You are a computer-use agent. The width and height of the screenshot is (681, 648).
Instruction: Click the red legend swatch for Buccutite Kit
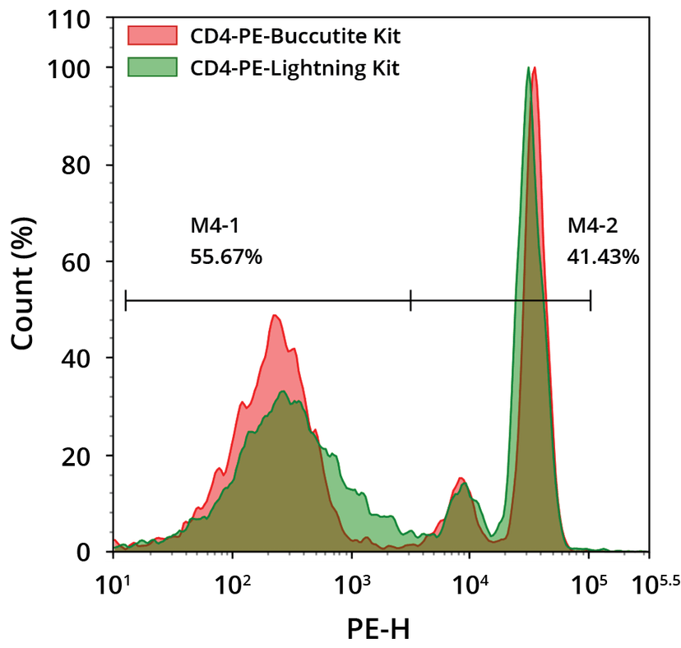click(x=152, y=35)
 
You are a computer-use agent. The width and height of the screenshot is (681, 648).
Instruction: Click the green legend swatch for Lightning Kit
click(x=152, y=67)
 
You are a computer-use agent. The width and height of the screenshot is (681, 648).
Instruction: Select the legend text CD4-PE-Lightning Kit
click(x=294, y=67)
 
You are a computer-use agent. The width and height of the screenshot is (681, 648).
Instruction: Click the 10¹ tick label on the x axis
click(x=115, y=585)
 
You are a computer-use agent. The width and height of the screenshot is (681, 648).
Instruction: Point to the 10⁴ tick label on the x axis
click(x=470, y=585)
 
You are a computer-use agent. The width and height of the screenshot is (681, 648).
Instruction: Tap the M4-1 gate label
click(x=214, y=227)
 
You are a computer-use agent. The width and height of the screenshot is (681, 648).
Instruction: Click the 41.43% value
click(x=603, y=257)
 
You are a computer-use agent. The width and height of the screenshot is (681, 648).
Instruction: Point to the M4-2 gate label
click(x=591, y=227)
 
